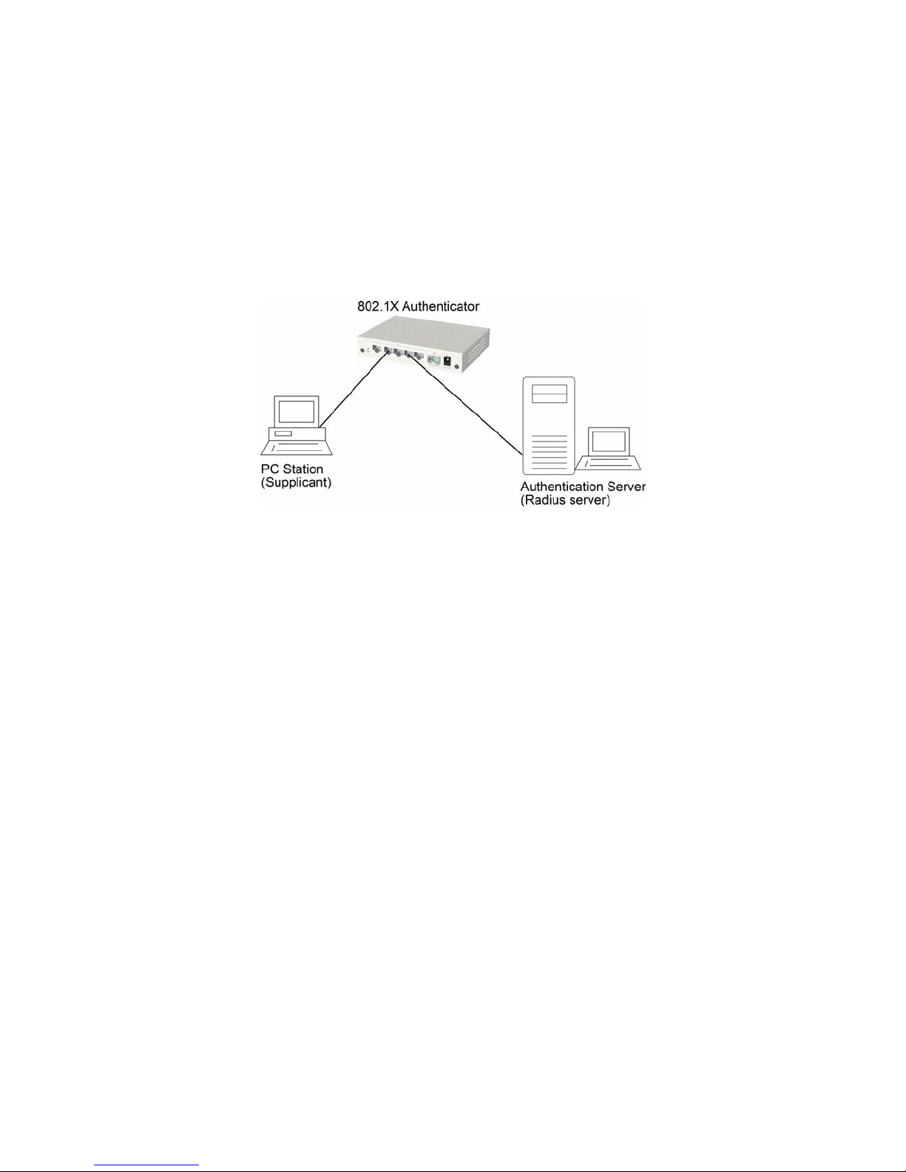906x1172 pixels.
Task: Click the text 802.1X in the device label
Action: coord(379,306)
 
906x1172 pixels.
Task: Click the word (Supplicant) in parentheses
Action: coord(295,483)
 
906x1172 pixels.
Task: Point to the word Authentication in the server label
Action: coord(561,487)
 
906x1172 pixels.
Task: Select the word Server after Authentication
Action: coord(626,487)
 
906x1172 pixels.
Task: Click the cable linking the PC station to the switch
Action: coord(352,393)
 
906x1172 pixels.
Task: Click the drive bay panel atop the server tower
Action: coord(549,394)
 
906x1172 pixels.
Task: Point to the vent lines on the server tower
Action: coord(549,451)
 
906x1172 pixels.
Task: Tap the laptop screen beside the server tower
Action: coord(609,441)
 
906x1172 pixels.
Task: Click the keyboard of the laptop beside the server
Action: coord(609,463)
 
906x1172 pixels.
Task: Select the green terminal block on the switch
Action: coord(433,361)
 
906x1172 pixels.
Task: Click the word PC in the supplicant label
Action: coord(268,470)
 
